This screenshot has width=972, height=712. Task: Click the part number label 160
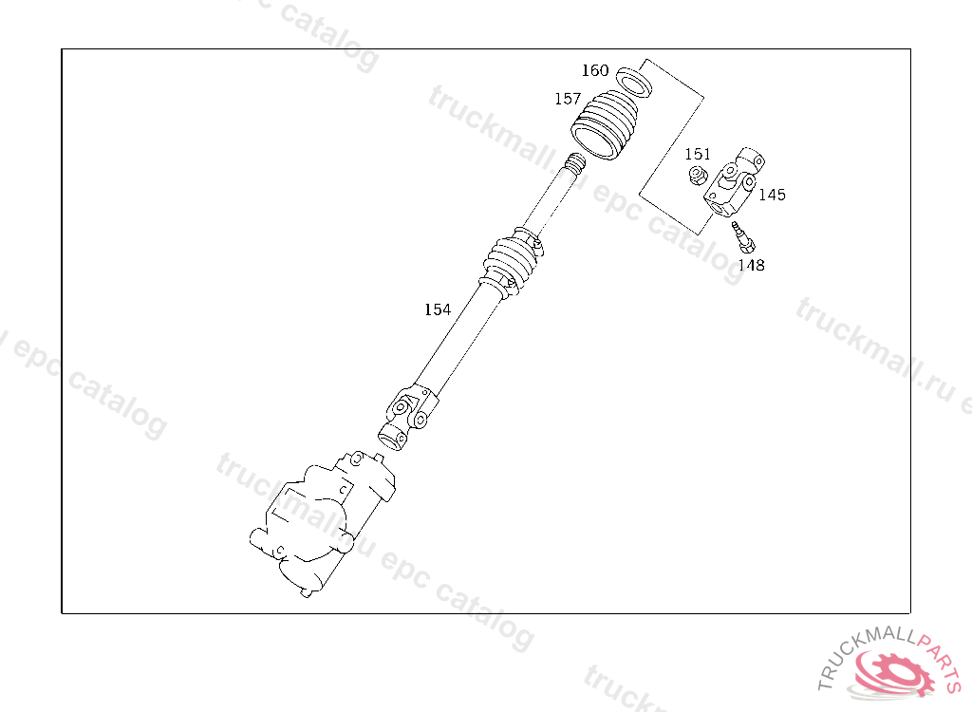[595, 70]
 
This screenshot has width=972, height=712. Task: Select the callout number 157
[568, 99]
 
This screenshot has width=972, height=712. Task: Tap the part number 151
[698, 154]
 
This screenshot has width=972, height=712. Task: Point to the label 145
[772, 195]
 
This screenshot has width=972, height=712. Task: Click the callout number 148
[751, 266]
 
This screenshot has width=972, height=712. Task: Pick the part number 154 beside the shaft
[438, 309]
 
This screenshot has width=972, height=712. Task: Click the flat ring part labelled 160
[634, 80]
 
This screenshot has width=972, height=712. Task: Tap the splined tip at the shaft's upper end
[573, 162]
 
